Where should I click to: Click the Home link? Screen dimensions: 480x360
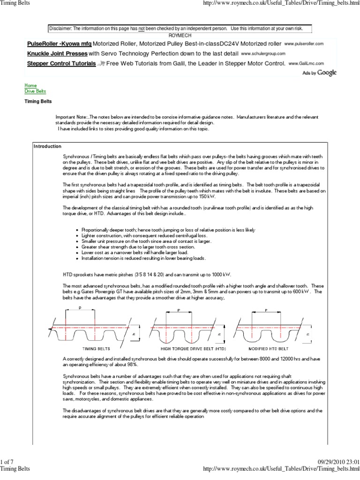pyautogui.click(x=30, y=86)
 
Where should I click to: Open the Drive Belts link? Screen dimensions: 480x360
pyautogui.click(x=35, y=91)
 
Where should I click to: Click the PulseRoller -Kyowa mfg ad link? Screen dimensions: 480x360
pyautogui.click(x=59, y=44)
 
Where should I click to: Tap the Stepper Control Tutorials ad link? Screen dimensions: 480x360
pyautogui.click(x=61, y=63)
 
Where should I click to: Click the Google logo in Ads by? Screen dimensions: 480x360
pyautogui.click(x=327, y=73)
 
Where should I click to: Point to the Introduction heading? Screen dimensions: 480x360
pyautogui.click(x=47, y=146)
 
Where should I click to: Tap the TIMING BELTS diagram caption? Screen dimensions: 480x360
pyautogui.click(x=96, y=349)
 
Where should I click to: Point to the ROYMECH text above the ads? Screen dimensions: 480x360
pyautogui.click(x=180, y=35)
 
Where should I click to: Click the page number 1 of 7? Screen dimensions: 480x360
pyautogui.click(x=9, y=462)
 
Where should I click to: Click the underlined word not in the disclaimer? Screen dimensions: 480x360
pyautogui.click(x=141, y=29)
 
